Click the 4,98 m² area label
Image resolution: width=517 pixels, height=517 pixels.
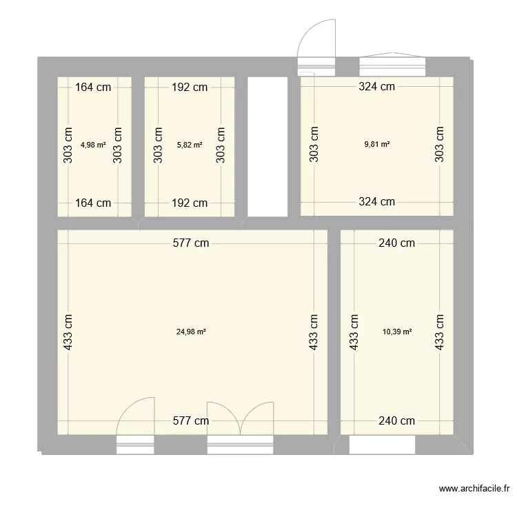(93, 145)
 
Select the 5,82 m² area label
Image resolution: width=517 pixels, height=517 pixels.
(190, 145)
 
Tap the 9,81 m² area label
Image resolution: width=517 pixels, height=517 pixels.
(377, 145)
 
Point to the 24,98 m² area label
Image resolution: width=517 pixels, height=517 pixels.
(192, 332)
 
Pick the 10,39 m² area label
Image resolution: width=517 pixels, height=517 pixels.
(397, 332)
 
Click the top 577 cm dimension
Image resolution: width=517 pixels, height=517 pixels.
(191, 243)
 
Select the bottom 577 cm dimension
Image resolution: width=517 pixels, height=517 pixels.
(191, 420)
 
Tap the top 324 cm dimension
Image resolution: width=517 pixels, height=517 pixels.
(377, 87)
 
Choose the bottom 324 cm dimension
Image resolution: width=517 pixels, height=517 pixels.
(377, 202)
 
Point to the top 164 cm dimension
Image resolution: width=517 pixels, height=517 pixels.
(94, 87)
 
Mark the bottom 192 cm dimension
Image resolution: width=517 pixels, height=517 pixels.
(190, 203)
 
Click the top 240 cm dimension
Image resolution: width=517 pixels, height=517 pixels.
(397, 243)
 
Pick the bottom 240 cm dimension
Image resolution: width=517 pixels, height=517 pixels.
(397, 420)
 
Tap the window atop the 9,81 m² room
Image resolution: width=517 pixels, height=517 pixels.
(392, 65)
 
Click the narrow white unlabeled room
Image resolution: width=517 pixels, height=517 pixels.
(267, 146)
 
